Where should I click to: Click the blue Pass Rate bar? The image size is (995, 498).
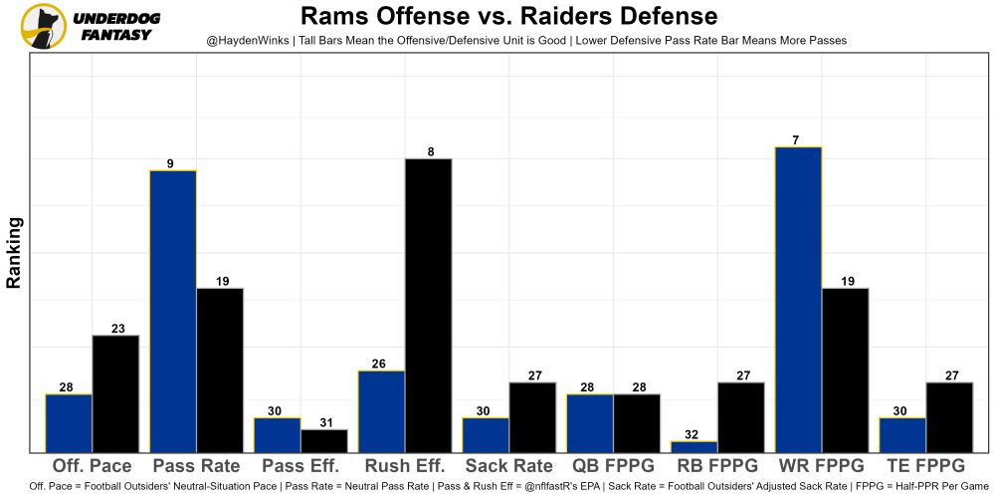pyautogui.click(x=173, y=311)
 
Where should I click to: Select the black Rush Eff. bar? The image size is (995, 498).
pyautogui.click(x=428, y=305)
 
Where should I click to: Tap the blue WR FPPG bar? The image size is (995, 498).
pyautogui.click(x=798, y=299)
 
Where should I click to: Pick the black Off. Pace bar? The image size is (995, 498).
pyautogui.click(x=115, y=393)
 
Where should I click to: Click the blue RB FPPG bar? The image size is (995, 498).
pyautogui.click(x=695, y=446)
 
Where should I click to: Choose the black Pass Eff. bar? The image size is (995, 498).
pyautogui.click(x=324, y=440)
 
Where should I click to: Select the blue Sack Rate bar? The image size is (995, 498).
pyautogui.click(x=486, y=434)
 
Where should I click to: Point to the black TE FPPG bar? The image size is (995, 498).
pyautogui.click(x=949, y=416)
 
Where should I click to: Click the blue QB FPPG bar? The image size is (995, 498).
pyautogui.click(x=590, y=422)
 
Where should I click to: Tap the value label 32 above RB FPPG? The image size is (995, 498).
pyautogui.click(x=695, y=434)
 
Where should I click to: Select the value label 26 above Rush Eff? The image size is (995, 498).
pyautogui.click(x=381, y=364)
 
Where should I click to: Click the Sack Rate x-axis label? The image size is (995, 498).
pyautogui.click(x=508, y=466)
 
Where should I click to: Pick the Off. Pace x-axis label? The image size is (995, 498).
pyautogui.click(x=92, y=466)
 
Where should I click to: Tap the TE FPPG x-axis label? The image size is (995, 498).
pyautogui.click(x=925, y=466)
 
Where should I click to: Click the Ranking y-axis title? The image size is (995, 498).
pyautogui.click(x=15, y=253)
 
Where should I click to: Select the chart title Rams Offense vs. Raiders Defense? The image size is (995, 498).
pyautogui.click(x=508, y=16)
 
